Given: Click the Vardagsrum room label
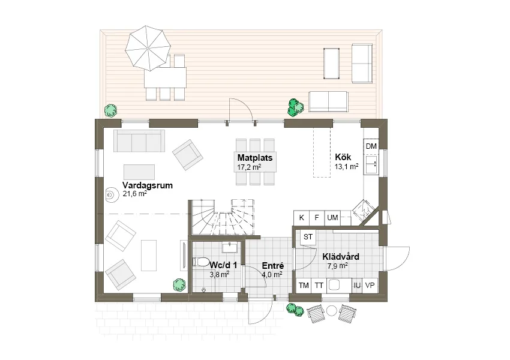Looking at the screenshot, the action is coord(148,185).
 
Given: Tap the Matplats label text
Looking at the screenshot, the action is coord(255,158).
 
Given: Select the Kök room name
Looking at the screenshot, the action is coord(343,157).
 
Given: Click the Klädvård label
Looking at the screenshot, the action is coord(341,257).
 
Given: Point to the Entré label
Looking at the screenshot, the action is coord(273,266).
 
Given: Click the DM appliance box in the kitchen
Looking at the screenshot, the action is coord(371,146).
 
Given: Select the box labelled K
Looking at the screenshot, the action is coord(302,218).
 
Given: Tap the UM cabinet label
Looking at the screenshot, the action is coord(332,218).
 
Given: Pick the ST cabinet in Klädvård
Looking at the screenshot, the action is coord(308,237).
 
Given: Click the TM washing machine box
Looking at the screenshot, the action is coord(304,286).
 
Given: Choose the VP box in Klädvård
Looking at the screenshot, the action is coord(370,286).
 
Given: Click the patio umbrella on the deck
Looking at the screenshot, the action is coord(148,48).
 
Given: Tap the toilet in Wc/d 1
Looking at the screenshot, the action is coord(200,262).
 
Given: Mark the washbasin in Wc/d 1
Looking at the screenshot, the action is coord(230,247).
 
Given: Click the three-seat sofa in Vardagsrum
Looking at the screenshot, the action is coord(139,141).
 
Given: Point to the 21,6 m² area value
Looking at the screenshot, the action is coord(134,194).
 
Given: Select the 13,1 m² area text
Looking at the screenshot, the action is coord(347,167).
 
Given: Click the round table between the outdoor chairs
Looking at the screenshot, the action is coord(331,311).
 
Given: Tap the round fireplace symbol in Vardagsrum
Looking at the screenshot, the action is coord(110,195).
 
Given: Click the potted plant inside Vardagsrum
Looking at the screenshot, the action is coord(179,285).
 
